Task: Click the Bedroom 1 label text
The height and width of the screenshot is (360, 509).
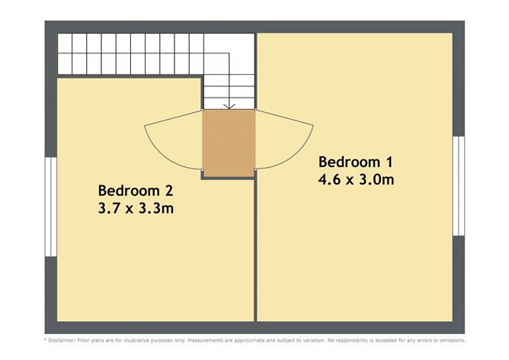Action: tap(355, 162)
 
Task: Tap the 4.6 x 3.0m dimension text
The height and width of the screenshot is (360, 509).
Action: tap(355, 180)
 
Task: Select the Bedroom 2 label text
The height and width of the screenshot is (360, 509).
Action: tap(136, 190)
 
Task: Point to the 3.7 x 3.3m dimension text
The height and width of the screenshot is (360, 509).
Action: tap(136, 207)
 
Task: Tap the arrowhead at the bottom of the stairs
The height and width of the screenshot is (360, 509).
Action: tap(228, 106)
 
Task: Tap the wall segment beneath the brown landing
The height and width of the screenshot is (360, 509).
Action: tap(227, 175)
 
